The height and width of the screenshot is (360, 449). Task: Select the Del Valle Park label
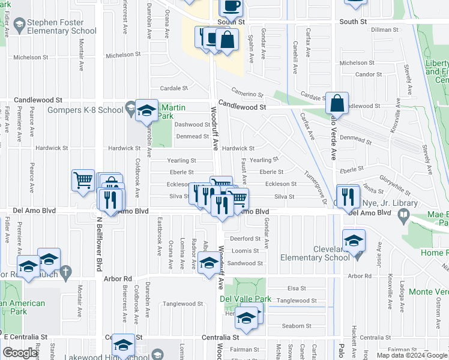[245, 299]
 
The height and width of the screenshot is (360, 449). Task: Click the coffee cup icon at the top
[231, 6]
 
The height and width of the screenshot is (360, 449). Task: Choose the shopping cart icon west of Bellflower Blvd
[83, 179]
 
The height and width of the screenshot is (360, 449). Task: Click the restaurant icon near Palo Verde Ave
[348, 195]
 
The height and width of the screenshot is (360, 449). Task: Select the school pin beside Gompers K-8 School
[146, 111]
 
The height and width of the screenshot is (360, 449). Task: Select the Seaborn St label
[297, 326]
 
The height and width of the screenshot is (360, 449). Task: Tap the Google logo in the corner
[20, 353]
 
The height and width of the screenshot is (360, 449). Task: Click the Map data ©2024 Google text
[412, 355]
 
